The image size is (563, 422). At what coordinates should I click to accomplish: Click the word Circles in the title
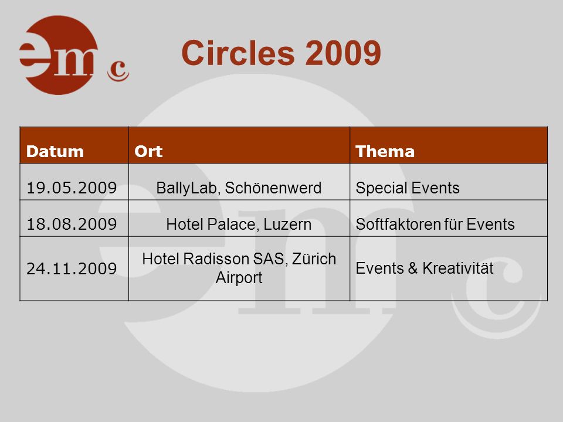point(238,53)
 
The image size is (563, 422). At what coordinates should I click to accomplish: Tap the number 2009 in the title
point(343,53)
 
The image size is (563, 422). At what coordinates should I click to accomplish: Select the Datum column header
point(55,151)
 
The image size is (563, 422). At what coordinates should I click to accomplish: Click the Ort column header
point(148,151)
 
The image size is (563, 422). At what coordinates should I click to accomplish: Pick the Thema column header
point(385,151)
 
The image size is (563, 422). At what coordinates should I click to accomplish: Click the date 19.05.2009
point(72,188)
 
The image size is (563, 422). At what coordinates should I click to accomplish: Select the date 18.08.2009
point(72,224)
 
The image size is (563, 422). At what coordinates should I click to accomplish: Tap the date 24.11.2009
point(72,268)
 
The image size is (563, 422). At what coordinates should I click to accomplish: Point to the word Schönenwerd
point(273,188)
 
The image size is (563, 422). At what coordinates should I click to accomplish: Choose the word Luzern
point(287,224)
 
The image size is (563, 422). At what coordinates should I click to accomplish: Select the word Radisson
point(216,258)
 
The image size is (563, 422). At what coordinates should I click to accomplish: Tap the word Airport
point(239,278)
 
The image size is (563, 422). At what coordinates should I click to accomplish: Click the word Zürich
point(314,258)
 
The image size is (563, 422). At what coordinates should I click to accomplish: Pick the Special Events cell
point(408,188)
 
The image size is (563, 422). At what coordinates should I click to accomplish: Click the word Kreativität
point(458,268)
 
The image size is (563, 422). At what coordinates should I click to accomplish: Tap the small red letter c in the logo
point(118,70)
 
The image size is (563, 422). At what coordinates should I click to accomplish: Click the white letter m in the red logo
point(73,62)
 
